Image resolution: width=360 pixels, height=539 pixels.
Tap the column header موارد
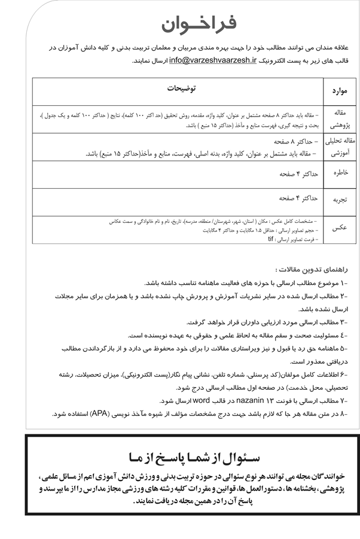click(x=339, y=91)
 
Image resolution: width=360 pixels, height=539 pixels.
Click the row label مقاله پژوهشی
click(x=338, y=119)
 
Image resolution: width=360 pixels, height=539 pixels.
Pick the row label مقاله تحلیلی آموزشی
click(x=338, y=148)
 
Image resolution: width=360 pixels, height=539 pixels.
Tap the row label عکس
click(x=339, y=229)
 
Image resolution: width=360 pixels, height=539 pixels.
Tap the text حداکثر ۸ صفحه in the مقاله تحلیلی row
click(x=297, y=142)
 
